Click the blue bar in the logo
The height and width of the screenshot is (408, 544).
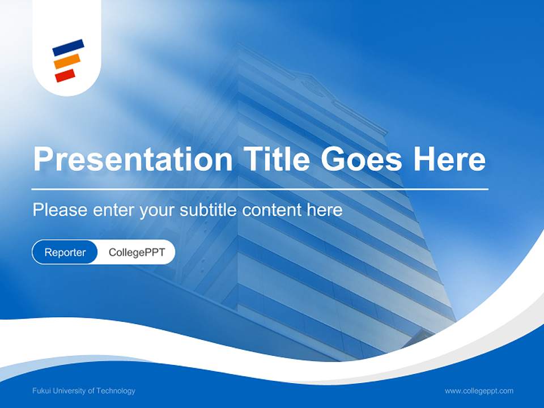point(68,47)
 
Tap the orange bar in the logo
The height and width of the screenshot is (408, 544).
point(67,61)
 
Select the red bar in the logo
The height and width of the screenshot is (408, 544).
point(65,75)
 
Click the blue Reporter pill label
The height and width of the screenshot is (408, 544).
point(65,252)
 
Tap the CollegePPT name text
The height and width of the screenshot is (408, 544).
point(137,252)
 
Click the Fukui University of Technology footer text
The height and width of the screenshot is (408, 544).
point(84,391)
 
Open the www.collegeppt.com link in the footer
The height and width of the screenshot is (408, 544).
point(479,391)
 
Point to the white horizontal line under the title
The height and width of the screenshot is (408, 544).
point(260,189)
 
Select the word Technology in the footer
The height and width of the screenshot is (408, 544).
point(116,391)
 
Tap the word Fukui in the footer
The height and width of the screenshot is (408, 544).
point(41,391)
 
